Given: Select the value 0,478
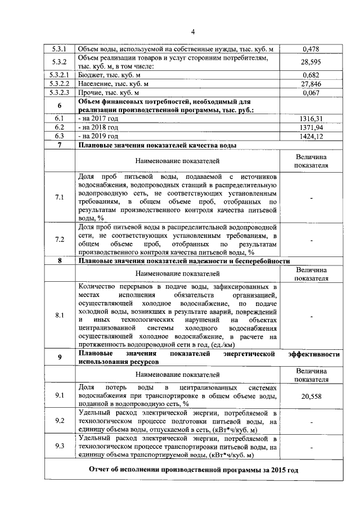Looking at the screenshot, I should point(311,49).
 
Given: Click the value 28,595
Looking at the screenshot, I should point(311,62).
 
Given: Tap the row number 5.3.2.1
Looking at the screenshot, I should point(59,75).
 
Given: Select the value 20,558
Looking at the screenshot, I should point(311,397).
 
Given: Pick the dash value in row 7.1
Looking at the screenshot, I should point(311,197).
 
